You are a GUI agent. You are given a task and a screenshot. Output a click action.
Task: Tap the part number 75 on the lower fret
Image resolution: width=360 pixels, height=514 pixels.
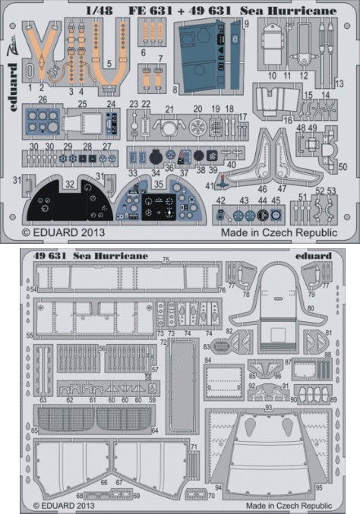(166, 260)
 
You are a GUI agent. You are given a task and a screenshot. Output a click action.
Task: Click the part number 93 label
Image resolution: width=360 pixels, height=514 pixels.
(268, 408)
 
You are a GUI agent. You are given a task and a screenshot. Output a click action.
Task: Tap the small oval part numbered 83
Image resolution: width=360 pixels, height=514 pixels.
(220, 347)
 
